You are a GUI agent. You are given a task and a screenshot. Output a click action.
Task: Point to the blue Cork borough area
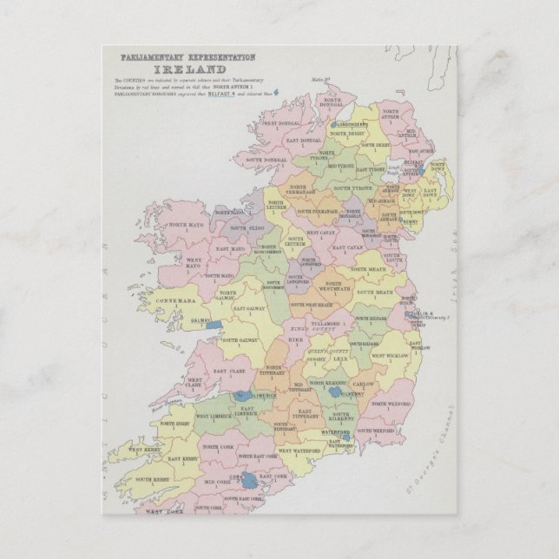pyautogui.click(x=247, y=478)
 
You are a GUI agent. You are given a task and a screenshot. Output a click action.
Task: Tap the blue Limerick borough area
pyautogui.click(x=241, y=396)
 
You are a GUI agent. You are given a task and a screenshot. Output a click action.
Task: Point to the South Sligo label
pyautogui.click(x=249, y=227)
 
